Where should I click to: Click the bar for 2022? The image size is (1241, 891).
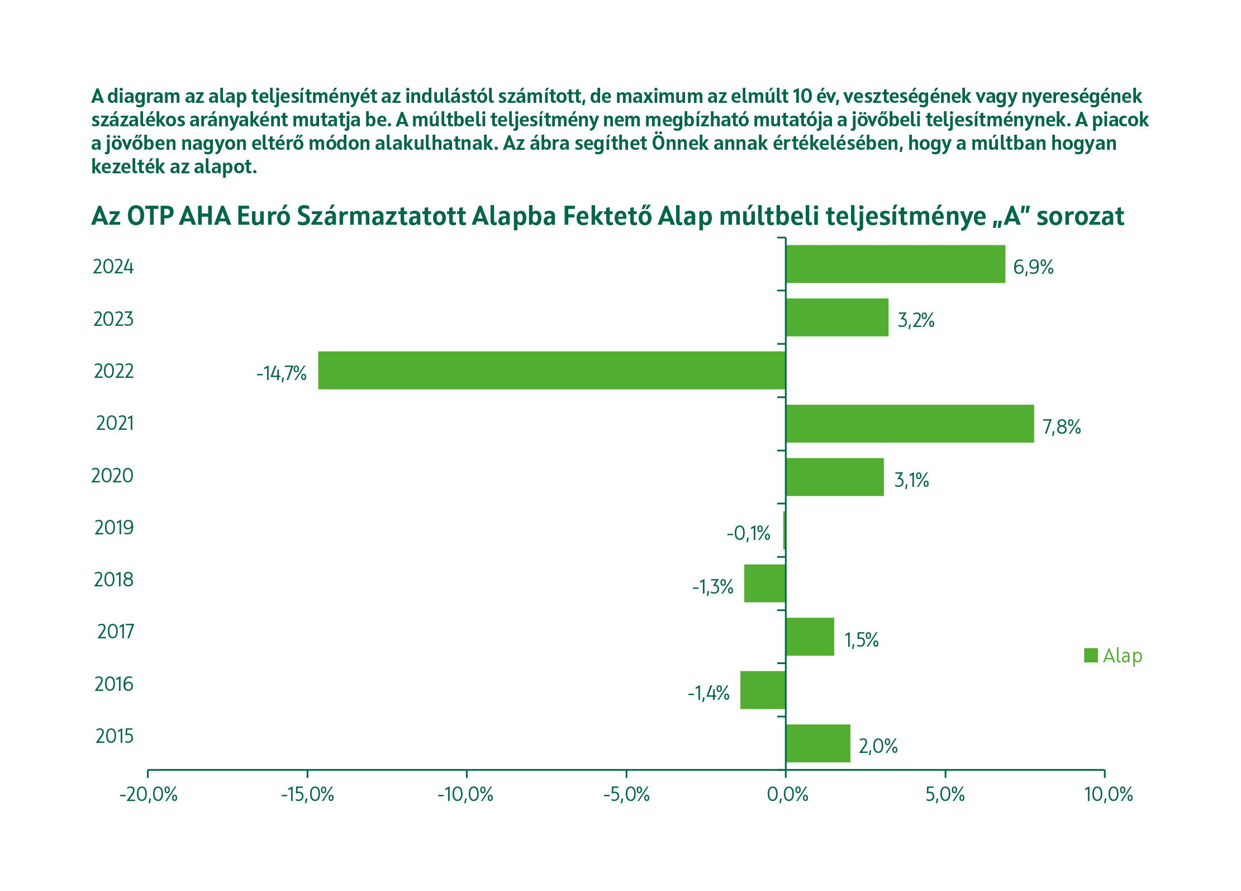point(551,370)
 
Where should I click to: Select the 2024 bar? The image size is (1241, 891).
point(895,264)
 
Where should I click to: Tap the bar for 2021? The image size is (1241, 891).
point(910,424)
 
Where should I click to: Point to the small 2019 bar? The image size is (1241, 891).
point(784,530)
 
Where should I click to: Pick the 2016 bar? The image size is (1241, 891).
point(763,690)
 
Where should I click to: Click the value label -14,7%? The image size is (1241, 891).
point(282,373)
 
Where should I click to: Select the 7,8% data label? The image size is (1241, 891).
point(1062,427)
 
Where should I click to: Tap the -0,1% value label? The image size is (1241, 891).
point(748,533)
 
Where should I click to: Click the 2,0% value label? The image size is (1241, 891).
point(878,746)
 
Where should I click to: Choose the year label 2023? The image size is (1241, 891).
point(113,319)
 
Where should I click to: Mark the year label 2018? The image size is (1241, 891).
point(113,580)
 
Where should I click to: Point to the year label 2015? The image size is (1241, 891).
point(115,736)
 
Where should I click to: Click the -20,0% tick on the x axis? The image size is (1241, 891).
point(148,794)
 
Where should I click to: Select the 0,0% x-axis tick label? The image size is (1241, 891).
point(787,794)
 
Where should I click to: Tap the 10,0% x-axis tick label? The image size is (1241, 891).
point(1109,794)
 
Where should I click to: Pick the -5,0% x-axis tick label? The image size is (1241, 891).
point(626,794)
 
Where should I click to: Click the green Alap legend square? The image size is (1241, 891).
point(1091,655)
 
